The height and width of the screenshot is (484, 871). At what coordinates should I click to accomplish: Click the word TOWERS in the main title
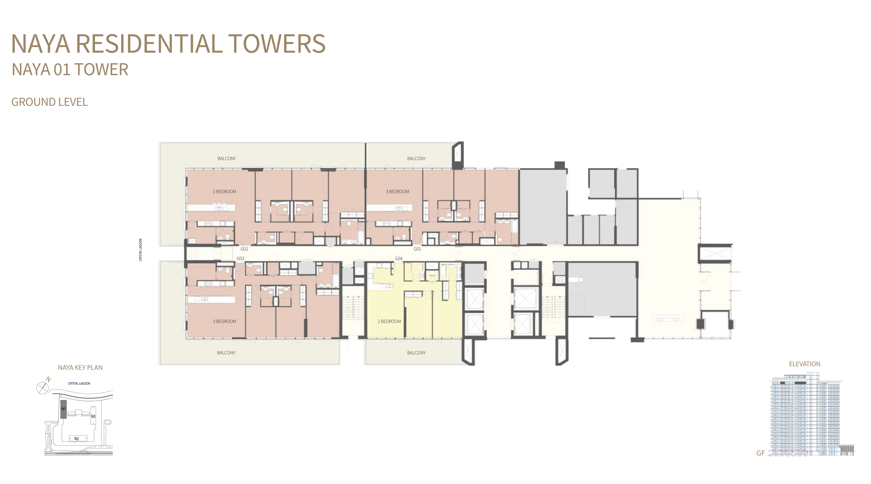pos(277,44)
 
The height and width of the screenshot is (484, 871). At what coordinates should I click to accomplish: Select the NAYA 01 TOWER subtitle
pos(70,70)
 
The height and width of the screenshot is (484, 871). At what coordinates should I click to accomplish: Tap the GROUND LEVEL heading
pos(50,102)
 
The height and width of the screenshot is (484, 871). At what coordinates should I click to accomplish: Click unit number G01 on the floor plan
pos(417,249)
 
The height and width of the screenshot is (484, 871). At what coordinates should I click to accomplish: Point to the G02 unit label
pos(244,249)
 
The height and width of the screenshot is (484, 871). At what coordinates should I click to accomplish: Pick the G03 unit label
pos(240,259)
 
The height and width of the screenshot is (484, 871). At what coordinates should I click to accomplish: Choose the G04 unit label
pos(399,259)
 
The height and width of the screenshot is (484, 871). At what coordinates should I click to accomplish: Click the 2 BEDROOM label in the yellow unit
pos(389,322)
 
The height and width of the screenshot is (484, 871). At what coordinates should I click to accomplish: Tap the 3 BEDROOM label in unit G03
pos(224,322)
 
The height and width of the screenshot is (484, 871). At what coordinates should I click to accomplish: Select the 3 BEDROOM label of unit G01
pos(397,192)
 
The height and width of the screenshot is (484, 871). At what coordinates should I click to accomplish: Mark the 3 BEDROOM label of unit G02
pos(224,192)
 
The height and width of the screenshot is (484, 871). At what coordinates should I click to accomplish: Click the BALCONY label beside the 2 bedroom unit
pos(416,353)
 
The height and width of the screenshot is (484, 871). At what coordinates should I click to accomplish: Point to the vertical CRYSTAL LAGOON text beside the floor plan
pos(140,250)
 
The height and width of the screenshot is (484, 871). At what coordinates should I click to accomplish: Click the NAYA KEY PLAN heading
pos(80,368)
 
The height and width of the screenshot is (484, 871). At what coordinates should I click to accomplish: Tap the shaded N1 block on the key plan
pos(64,409)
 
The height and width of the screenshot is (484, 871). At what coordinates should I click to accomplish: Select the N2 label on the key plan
pos(77,439)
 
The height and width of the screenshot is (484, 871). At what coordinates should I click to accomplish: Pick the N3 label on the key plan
pos(93,417)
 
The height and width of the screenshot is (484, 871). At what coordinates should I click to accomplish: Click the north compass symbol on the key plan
pos(43,387)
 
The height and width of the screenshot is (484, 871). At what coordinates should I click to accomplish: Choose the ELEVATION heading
pos(804,364)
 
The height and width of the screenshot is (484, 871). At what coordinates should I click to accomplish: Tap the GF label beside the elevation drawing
pos(760,453)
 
